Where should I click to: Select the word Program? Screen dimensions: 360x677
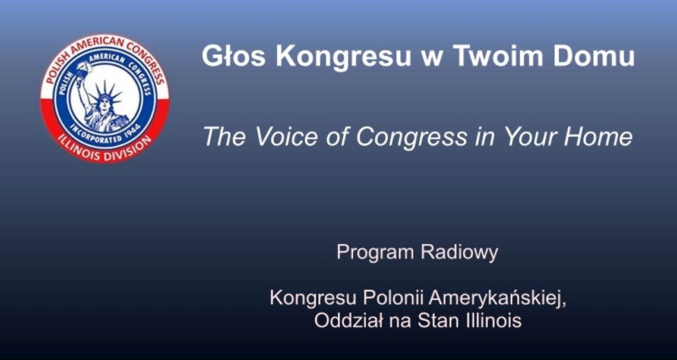[x=375, y=252]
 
